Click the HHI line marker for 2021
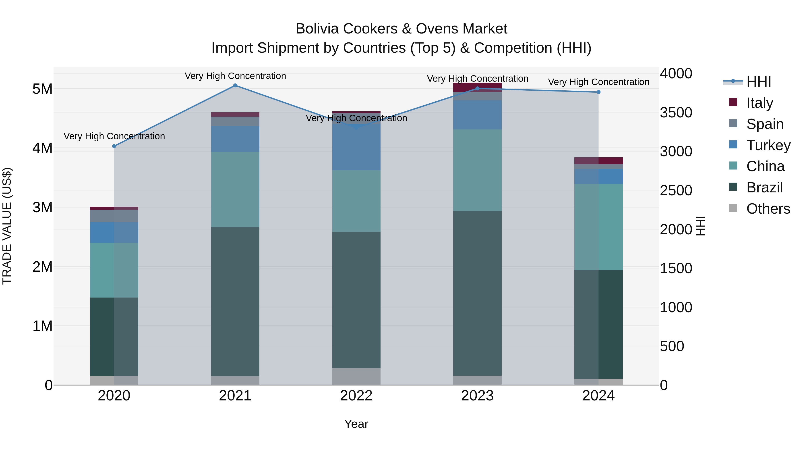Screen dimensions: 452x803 tap(235, 85)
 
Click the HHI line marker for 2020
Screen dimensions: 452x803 tap(114, 146)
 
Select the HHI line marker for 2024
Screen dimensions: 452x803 tap(598, 92)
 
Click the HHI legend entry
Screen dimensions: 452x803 tap(758, 82)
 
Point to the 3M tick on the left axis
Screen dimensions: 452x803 tap(42, 207)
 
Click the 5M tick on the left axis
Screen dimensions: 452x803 tap(42, 89)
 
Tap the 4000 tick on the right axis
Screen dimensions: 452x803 tap(676, 74)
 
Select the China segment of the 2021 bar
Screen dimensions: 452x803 tap(235, 189)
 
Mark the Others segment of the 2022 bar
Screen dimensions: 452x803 tap(356, 377)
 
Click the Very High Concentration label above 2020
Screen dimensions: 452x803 tap(114, 136)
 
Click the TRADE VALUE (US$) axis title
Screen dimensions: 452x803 tap(7, 226)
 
